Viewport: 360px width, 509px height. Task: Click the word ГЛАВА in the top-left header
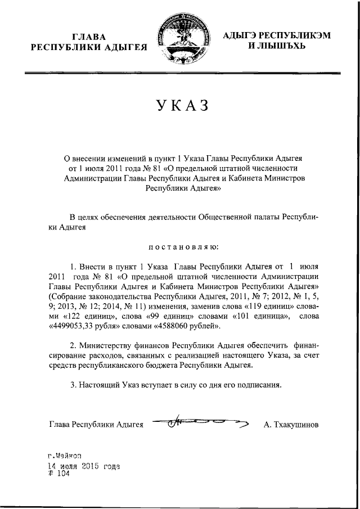[92, 36]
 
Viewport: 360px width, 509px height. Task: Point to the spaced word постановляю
[179, 246]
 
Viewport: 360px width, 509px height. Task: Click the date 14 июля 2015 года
[84, 466]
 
